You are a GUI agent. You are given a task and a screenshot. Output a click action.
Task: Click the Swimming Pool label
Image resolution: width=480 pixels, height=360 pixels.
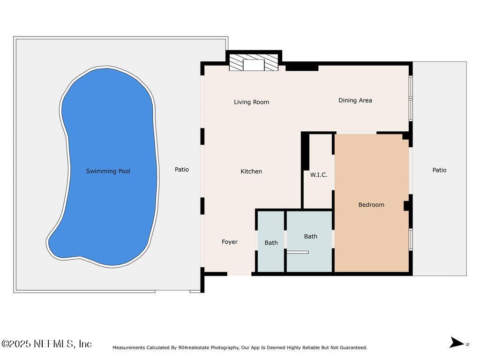[108, 171]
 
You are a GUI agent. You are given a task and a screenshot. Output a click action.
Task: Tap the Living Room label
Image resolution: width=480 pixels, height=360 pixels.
[251, 102]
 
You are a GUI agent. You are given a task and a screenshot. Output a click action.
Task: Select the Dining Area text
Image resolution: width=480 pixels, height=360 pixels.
[355, 100]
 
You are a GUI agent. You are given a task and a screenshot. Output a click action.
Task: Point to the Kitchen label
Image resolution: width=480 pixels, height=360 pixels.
[251, 172]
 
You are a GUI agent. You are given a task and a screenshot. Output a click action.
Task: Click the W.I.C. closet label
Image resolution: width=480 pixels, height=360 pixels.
[319, 175]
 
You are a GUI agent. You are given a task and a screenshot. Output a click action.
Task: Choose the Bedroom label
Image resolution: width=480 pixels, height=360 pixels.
[371, 205]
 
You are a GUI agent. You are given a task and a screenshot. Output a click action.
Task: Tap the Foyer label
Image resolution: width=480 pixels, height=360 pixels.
[230, 242]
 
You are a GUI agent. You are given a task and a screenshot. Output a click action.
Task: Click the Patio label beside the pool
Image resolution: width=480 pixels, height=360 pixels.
[182, 170]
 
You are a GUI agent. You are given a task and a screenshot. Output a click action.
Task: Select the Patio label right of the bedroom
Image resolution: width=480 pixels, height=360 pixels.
[439, 170]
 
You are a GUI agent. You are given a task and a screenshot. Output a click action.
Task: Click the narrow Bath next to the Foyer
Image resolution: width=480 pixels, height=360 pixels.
[271, 243]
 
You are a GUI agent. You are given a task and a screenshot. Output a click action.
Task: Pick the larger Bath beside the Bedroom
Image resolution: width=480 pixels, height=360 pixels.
[310, 237]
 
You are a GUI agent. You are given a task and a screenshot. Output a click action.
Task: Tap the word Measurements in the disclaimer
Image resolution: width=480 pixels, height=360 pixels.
[129, 348]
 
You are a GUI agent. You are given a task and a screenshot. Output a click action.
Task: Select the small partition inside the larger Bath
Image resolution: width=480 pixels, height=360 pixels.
[298, 252]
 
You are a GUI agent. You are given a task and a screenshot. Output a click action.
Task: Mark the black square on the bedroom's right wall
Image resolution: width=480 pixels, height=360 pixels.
[407, 206]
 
